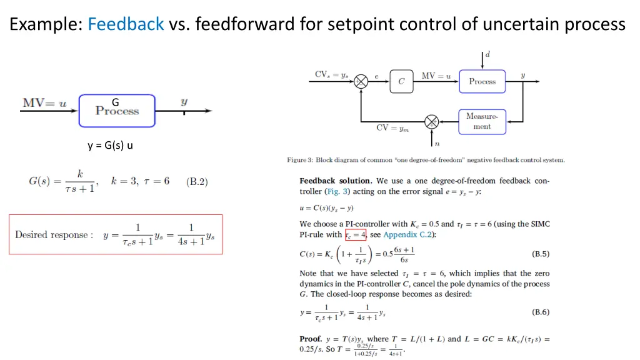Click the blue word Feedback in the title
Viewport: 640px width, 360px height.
[126, 24]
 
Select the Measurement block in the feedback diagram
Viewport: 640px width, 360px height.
[482, 122]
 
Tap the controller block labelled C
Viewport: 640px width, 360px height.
[401, 81]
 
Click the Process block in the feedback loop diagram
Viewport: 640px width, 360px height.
[482, 82]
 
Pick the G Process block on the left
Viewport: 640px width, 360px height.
[117, 111]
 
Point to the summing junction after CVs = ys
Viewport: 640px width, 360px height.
[361, 82]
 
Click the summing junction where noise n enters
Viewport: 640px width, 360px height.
[431, 122]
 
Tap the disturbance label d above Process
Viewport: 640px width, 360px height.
[487, 54]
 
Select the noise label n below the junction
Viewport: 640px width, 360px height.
[437, 144]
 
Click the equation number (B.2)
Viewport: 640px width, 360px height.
[197, 182]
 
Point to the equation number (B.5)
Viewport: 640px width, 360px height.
[541, 254]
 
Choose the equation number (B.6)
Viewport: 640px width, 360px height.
[541, 312]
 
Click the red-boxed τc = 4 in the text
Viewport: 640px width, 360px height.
[356, 235]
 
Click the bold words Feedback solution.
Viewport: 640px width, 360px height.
[336, 181]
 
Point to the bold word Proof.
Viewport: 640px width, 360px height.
[311, 339]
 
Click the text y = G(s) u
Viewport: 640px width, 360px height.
[110, 146]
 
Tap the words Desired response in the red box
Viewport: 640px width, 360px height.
[54, 235]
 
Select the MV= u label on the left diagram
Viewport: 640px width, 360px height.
[44, 103]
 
